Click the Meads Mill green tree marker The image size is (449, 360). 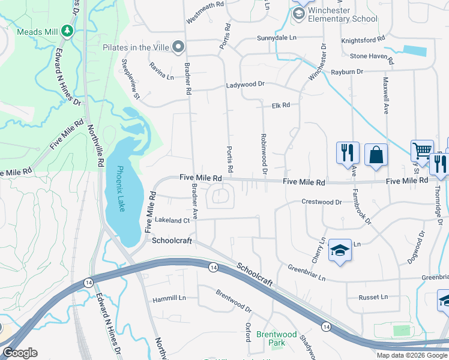(x=69, y=31)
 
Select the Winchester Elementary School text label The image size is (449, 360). (x=342, y=15)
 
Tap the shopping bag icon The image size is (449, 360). (x=376, y=154)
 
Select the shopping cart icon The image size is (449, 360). (x=421, y=151)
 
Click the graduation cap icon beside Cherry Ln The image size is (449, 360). (x=340, y=250)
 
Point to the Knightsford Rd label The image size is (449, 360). (x=363, y=40)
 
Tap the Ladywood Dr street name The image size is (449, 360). (x=245, y=85)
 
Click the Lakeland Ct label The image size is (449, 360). (x=172, y=220)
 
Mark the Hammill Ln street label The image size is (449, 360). (x=169, y=298)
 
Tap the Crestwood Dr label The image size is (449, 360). (x=321, y=202)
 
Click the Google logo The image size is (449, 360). (x=20, y=353)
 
